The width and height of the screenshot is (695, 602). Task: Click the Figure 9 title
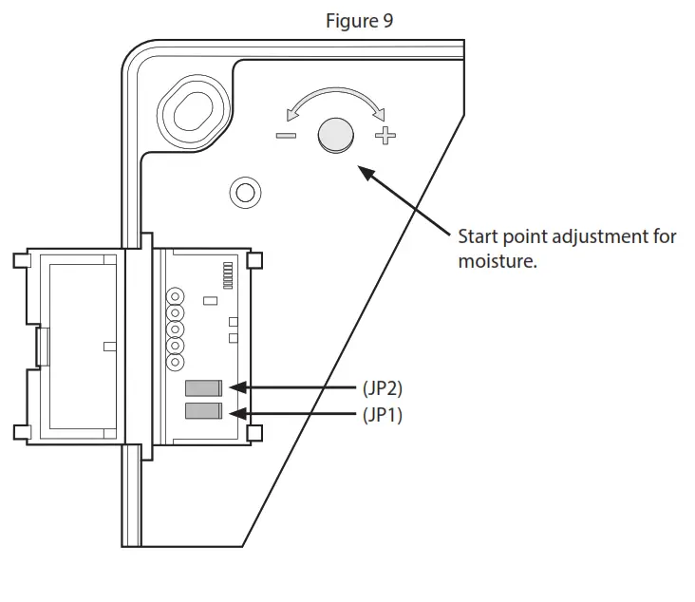[359, 21]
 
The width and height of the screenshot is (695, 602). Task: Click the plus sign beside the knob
[385, 136]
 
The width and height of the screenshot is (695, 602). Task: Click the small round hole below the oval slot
[244, 193]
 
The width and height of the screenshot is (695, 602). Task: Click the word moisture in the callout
[498, 260]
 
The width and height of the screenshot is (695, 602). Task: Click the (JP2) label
[382, 387]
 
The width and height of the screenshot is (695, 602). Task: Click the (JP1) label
[382, 414]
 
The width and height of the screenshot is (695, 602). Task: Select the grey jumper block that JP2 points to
[203, 387]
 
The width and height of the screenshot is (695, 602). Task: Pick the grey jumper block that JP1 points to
[203, 412]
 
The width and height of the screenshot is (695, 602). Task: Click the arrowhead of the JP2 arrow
[237, 387]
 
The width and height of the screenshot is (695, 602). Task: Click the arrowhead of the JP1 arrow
[237, 413]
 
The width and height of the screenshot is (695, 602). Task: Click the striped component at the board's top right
[227, 274]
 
